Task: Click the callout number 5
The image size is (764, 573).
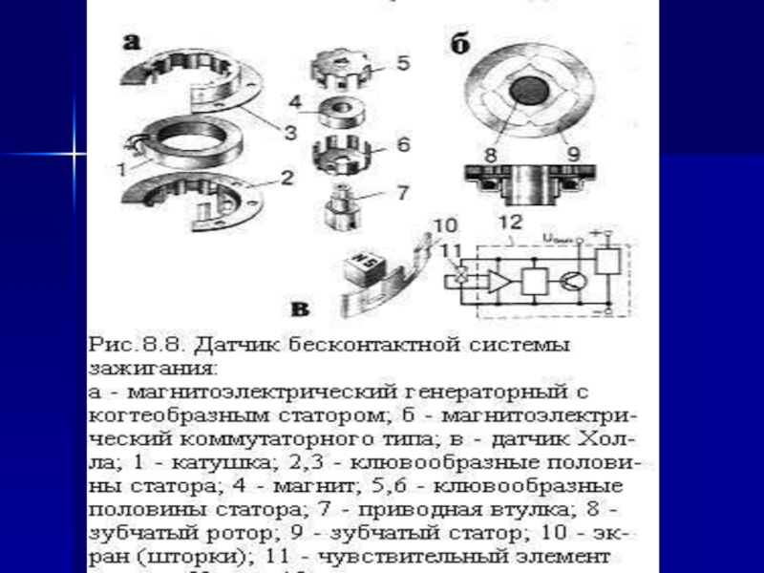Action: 403,63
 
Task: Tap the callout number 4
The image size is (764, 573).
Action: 297,100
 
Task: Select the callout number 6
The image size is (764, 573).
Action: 403,146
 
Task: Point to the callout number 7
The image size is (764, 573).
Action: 403,192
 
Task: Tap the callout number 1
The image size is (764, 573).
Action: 120,169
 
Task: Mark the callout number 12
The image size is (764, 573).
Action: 515,223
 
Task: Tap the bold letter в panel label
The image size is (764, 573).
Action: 300,308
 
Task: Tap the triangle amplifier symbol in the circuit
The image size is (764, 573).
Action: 498,281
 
